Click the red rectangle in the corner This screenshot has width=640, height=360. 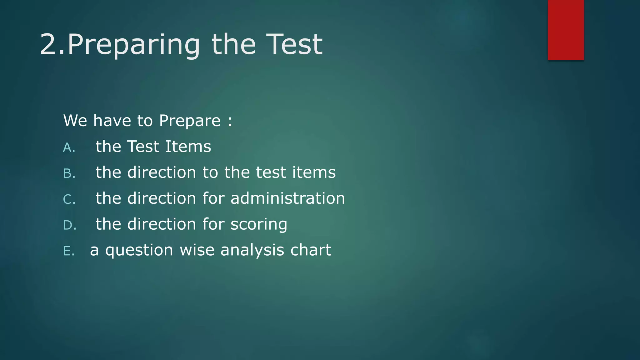pyautogui.click(x=566, y=30)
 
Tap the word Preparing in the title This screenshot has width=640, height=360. pyautogui.click(x=134, y=45)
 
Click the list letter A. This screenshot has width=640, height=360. pyautogui.click(x=68, y=148)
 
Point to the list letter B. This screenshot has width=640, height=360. pyautogui.click(x=68, y=174)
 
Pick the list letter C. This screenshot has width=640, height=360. pyautogui.click(x=68, y=200)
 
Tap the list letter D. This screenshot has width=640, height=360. pyautogui.click(x=69, y=225)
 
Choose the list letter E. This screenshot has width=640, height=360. pyautogui.click(x=68, y=251)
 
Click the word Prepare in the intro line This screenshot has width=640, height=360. pyautogui.click(x=190, y=121)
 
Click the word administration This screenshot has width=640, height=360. pyautogui.click(x=287, y=198)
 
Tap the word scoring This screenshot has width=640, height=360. pyautogui.click(x=259, y=225)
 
